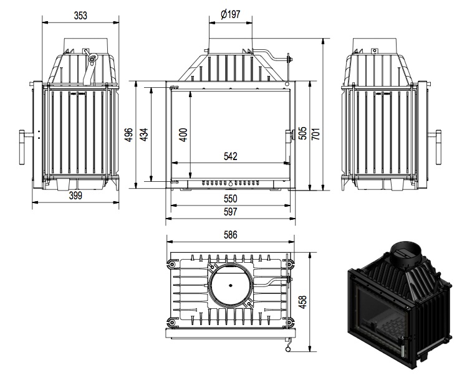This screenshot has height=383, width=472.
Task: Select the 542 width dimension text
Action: click(230, 156)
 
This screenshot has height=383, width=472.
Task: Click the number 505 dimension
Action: click(302, 135)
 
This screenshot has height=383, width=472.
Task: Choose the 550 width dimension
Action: click(230, 199)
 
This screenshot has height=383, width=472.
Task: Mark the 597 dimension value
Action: click(230, 212)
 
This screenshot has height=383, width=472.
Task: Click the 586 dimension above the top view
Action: click(230, 235)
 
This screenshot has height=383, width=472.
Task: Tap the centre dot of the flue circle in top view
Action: click(230, 286)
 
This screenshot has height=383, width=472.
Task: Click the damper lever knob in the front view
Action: click(289, 60)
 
